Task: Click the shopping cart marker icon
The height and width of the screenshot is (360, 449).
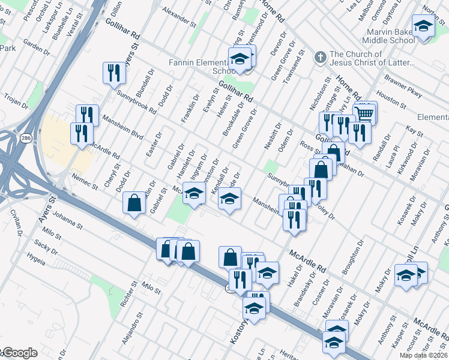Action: [x=366, y=112]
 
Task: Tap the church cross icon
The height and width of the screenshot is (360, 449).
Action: [x=321, y=58]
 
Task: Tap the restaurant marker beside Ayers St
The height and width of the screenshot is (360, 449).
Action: [x=113, y=73]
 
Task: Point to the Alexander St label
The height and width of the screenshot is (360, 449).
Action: [x=179, y=19]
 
